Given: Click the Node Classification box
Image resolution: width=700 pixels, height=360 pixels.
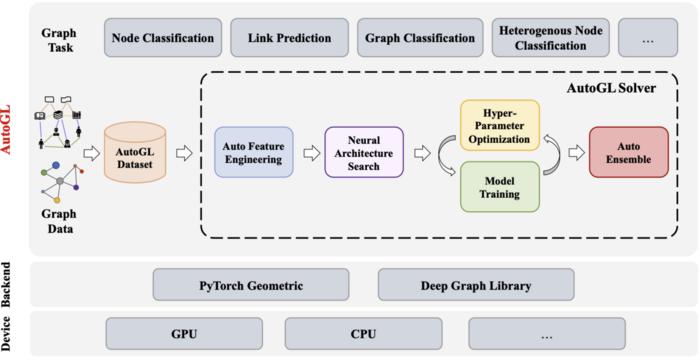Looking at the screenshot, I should (x=163, y=39).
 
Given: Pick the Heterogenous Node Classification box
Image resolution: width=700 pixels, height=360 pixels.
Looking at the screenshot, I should (x=549, y=39).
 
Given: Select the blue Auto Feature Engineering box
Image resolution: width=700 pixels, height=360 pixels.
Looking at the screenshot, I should (x=254, y=153).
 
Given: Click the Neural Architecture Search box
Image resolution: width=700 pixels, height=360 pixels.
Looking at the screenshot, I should (x=364, y=153).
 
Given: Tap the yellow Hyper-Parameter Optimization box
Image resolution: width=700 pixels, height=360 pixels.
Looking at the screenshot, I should (x=500, y=124).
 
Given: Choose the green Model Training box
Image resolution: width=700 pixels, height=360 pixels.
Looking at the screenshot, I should (x=500, y=187).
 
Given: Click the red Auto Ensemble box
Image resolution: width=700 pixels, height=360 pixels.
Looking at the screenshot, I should (x=628, y=153).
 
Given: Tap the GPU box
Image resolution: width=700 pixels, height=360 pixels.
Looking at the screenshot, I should (x=183, y=332).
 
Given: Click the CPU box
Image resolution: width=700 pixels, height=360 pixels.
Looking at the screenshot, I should (x=362, y=332).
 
